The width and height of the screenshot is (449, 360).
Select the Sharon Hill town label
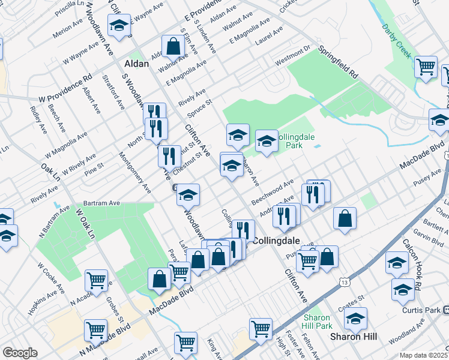[354, 337]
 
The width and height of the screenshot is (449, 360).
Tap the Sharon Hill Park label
[316, 321]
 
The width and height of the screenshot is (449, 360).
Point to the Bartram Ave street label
[100, 203]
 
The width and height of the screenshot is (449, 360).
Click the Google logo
[20, 353]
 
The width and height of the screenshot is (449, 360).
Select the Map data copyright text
[424, 355]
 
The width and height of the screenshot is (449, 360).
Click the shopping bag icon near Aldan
[173, 46]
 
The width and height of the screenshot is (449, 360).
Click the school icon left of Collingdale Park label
[238, 135]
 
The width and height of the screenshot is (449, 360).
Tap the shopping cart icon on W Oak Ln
[96, 280]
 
